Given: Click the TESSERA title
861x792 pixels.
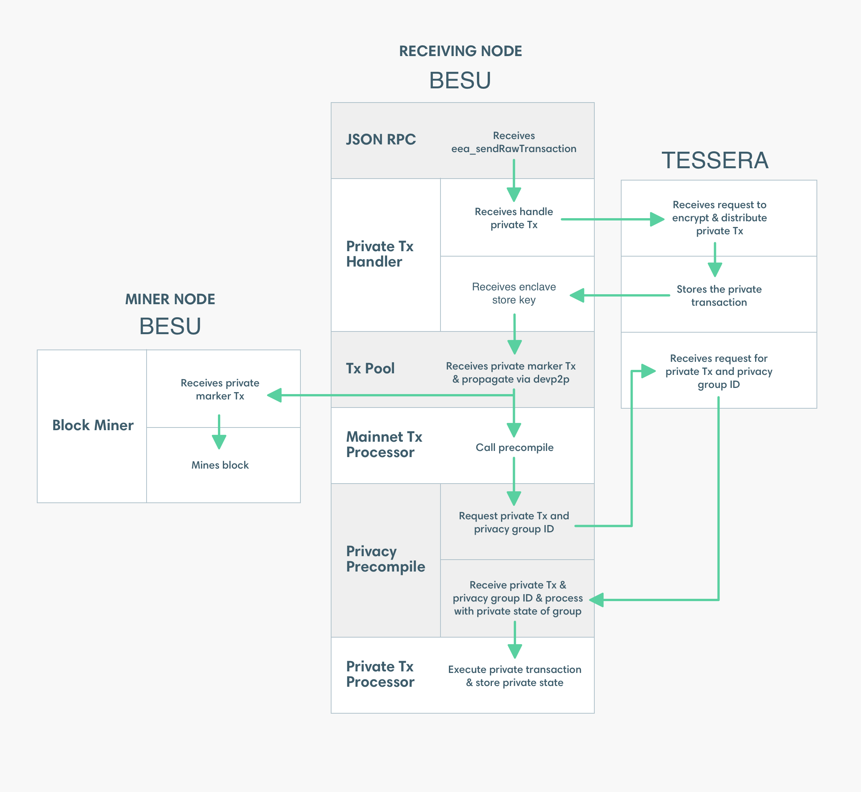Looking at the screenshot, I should tap(714, 160).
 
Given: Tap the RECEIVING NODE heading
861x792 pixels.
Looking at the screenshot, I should tap(460, 51).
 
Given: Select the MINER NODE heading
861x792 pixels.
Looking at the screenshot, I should tap(170, 299).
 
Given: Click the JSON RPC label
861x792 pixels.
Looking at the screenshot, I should tap(381, 139).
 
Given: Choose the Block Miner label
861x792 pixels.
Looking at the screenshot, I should tap(93, 425).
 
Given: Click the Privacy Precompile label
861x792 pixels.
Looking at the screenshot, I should tap(385, 559).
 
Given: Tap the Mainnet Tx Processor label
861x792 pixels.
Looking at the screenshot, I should tap(384, 444).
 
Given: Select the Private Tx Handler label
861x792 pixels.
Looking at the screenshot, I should tap(380, 254).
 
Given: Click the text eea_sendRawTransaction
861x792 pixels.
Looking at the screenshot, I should tap(514, 149).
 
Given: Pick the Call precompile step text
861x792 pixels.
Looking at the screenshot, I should tap(514, 447).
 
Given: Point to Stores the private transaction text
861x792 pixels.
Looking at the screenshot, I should tap(719, 296).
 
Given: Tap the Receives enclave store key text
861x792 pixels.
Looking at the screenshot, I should tap(514, 293).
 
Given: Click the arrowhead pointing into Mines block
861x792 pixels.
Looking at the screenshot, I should tap(219, 442).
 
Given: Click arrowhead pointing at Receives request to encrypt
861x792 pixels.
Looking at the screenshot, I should tap(657, 219).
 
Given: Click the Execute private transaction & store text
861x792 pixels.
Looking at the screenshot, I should tap(515, 676).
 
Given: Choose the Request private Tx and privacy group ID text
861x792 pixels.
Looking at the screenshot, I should tap(514, 522).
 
